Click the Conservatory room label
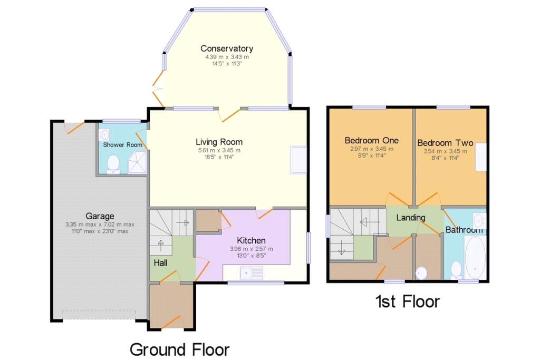pos(227,48)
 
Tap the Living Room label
pos(219,142)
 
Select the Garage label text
pos(100,216)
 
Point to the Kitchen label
pos(251,240)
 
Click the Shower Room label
pos(122,145)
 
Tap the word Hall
pos(160,263)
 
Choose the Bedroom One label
pos(372,140)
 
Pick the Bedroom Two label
pos(445,142)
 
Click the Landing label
pos(410,218)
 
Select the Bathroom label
pos(464,230)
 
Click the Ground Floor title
pos(179,349)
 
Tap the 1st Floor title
pos(408,301)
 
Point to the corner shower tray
pos(138,162)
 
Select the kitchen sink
pos(252,273)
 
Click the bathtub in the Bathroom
pos(475,257)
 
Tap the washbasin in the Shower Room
pos(104,134)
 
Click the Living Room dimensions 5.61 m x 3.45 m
pos(219,150)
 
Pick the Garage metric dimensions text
pos(100,225)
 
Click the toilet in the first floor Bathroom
pos(456,270)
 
